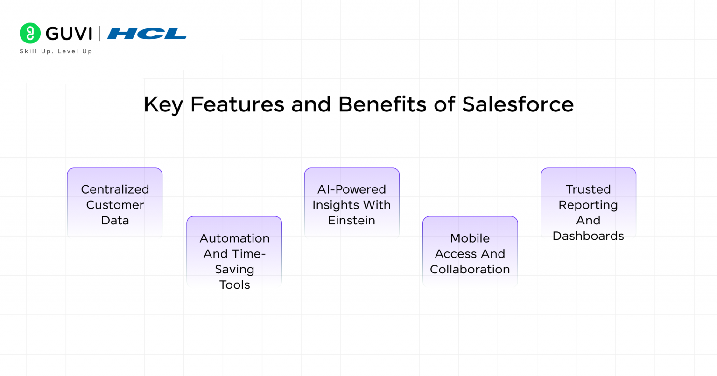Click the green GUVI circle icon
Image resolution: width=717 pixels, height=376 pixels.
(30, 33)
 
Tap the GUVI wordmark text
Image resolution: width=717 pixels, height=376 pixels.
(69, 34)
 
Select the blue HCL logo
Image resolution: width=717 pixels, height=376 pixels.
(147, 34)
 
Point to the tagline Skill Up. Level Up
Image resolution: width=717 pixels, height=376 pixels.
(56, 51)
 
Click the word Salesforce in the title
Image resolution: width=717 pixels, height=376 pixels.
(518, 104)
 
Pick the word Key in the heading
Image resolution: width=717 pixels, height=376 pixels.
(163, 104)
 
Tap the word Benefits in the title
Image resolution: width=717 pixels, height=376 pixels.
(382, 104)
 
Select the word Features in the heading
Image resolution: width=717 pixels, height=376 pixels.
(237, 104)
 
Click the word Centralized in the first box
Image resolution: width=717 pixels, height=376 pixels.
(115, 189)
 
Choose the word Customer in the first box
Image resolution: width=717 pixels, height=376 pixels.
(115, 205)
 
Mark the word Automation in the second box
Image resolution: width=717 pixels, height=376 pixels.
(234, 238)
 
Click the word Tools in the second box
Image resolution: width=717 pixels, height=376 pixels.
(234, 285)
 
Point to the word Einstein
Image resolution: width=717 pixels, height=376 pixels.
(351, 220)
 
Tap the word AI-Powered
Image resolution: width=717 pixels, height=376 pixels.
(351, 189)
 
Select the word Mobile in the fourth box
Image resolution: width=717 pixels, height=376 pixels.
(470, 238)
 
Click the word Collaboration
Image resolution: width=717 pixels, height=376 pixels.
(470, 269)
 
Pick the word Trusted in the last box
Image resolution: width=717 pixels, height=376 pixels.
(588, 189)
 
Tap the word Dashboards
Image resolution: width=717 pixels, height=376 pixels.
(588, 236)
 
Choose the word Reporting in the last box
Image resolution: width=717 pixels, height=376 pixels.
(588, 205)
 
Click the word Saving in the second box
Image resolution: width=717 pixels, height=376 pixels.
(234, 270)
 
